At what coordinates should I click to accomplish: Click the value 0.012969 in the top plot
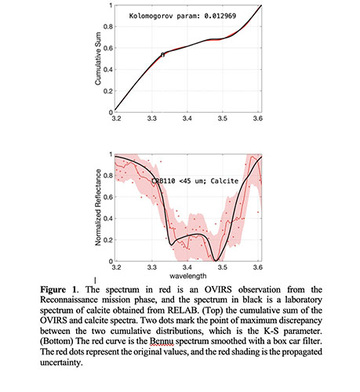tap(220, 16)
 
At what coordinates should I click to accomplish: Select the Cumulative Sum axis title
tap(98, 59)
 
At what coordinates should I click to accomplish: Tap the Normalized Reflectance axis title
tap(98, 208)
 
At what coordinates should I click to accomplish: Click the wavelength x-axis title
tap(187, 276)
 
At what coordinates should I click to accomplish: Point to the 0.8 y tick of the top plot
tap(108, 27)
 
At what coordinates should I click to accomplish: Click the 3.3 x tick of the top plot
tap(152, 118)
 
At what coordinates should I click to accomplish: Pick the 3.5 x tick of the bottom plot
tap(223, 267)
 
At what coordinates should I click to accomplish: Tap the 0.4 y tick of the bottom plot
tap(108, 219)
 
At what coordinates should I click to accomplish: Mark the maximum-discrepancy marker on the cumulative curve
tap(162, 55)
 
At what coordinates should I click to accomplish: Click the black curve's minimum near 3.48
tap(216, 260)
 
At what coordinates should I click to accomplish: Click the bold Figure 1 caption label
tap(59, 289)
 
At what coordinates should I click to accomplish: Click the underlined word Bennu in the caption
tap(162, 341)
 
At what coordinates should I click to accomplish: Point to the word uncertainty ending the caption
tap(60, 362)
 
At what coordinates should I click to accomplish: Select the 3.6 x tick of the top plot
tap(258, 118)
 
